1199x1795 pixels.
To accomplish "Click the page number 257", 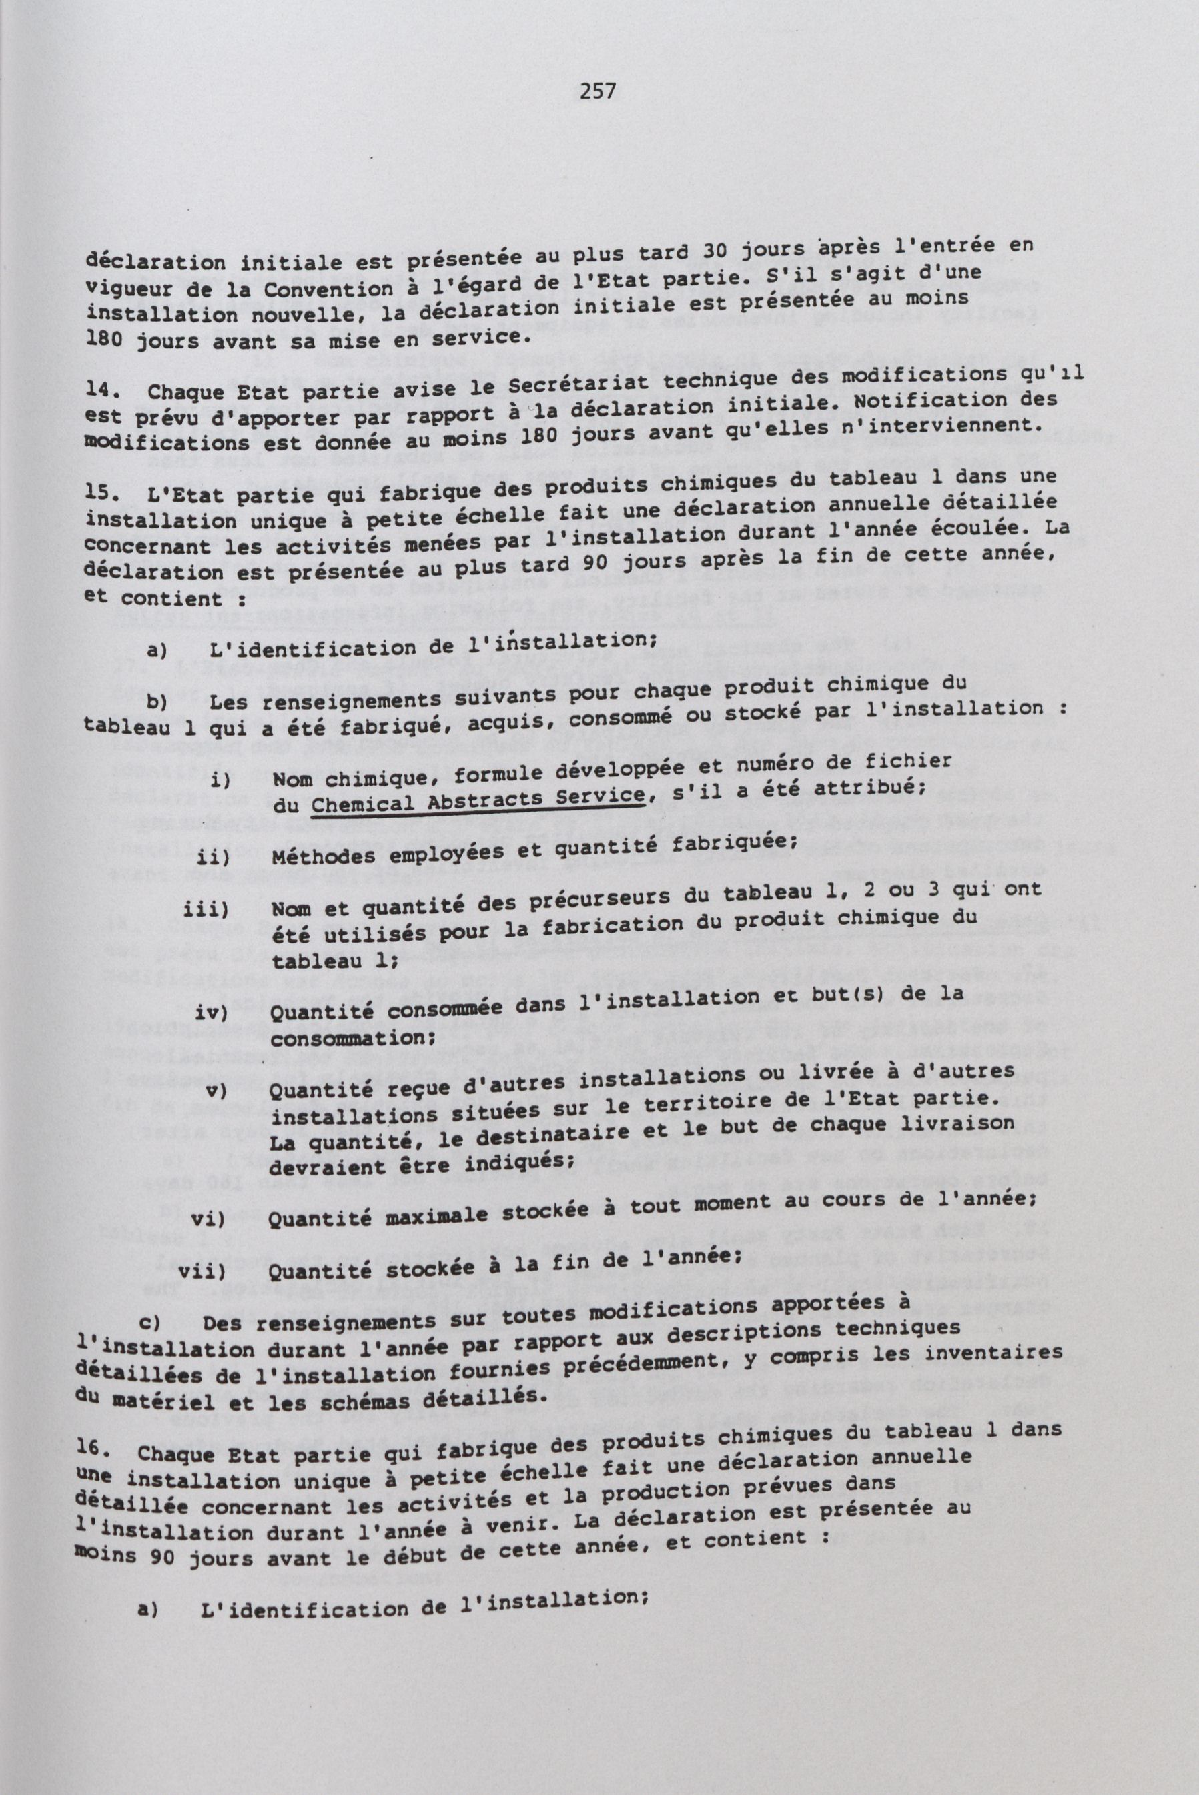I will point(598,93).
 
